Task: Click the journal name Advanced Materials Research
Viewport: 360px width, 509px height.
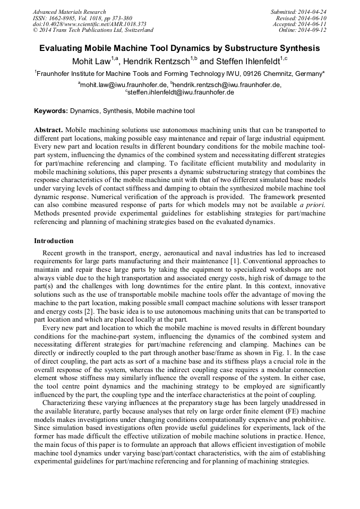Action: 69,12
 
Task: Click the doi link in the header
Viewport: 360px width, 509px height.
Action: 89,24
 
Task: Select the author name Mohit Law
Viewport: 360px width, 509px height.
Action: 91,61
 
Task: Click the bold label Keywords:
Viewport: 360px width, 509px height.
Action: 51,111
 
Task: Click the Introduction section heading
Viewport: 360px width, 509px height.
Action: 54,241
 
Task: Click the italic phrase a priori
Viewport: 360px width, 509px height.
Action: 313,204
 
